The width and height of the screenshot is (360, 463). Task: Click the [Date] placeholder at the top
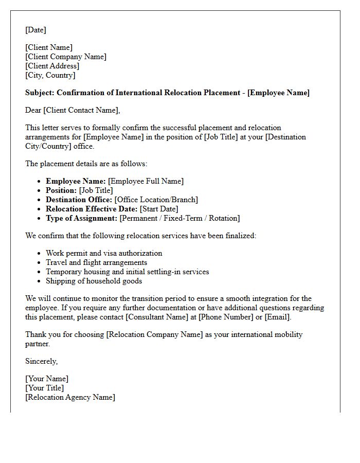tap(35, 30)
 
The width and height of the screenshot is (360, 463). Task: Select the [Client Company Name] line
tap(66, 57)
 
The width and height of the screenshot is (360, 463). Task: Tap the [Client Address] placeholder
tap(52, 66)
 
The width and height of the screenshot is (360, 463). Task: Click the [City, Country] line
tap(50, 75)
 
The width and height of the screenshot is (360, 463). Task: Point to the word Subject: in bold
tap(40, 93)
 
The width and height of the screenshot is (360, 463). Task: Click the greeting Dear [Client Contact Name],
tap(72, 110)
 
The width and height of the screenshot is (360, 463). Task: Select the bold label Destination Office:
tap(79, 200)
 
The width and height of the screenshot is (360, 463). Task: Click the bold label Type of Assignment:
tap(81, 218)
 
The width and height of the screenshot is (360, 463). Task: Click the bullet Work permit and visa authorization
tap(104, 253)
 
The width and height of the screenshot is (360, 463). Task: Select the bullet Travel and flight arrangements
tap(96, 262)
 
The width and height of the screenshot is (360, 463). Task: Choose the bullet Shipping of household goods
tap(94, 281)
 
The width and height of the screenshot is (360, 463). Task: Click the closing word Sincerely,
tap(41, 361)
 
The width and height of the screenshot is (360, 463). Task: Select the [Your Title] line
tap(45, 388)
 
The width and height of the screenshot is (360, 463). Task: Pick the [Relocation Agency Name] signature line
tap(70, 397)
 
